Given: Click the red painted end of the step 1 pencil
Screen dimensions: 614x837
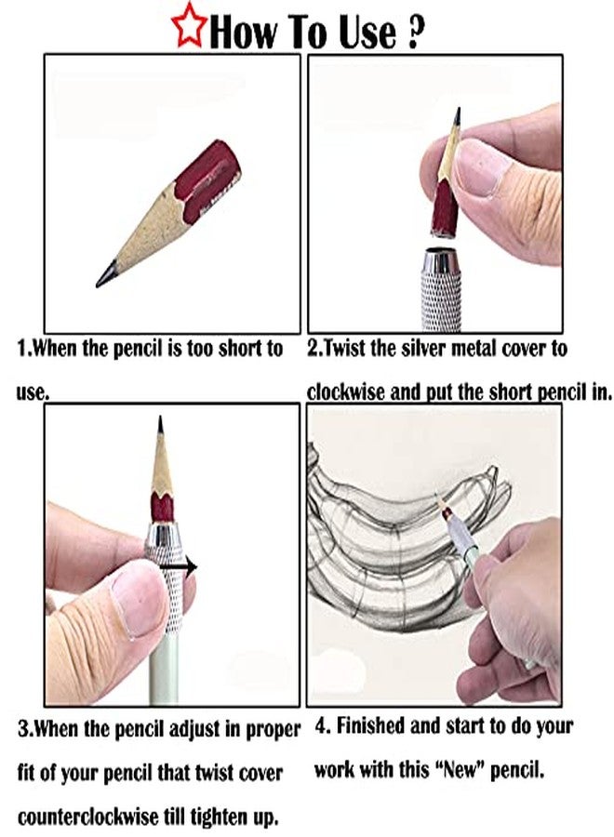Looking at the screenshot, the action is [211, 181].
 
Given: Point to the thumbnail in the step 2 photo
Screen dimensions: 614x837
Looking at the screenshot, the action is [482, 165].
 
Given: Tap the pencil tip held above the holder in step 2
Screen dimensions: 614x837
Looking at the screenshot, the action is [457, 114].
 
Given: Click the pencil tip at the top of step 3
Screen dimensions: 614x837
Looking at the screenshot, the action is [160, 425].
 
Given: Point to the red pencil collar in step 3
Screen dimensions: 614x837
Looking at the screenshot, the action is [162, 507].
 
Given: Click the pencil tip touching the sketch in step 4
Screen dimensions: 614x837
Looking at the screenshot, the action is [439, 496].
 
